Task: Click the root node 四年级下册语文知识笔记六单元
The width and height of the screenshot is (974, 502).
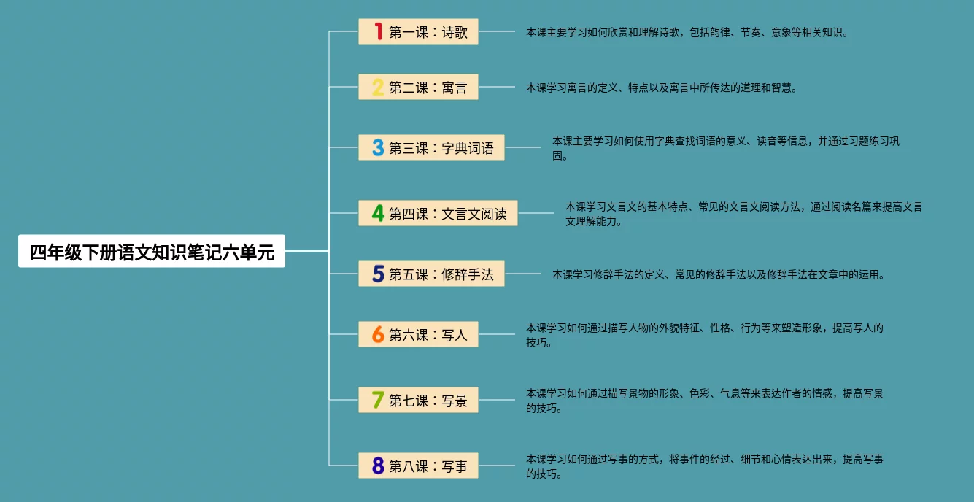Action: (152, 252)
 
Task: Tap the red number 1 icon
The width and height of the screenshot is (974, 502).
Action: (378, 31)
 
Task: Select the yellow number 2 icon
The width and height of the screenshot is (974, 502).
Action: (378, 88)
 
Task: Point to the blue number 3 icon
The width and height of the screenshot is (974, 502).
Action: (378, 147)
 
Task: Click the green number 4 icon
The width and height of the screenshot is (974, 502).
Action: (378, 213)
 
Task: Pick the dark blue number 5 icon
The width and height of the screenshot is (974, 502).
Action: (378, 274)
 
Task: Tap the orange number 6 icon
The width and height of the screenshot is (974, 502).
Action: (378, 334)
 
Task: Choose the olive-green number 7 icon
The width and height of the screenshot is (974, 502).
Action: (378, 400)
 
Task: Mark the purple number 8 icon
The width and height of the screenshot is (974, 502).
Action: (378, 466)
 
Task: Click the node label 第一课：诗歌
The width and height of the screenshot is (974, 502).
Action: (428, 32)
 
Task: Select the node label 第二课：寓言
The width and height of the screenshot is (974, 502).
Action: (428, 88)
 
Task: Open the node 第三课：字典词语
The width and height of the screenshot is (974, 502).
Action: (441, 148)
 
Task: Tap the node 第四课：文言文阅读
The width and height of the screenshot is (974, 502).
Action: (448, 214)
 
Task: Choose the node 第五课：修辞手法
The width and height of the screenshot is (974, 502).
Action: (441, 274)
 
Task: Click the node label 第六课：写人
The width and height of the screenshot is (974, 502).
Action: (428, 335)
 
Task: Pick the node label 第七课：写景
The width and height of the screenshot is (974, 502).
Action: (428, 401)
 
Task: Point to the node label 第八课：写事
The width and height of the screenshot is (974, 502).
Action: (428, 466)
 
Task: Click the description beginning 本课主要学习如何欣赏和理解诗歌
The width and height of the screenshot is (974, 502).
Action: (687, 32)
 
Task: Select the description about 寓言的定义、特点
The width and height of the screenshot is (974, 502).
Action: (662, 88)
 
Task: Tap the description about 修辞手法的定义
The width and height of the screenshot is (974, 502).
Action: (719, 275)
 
